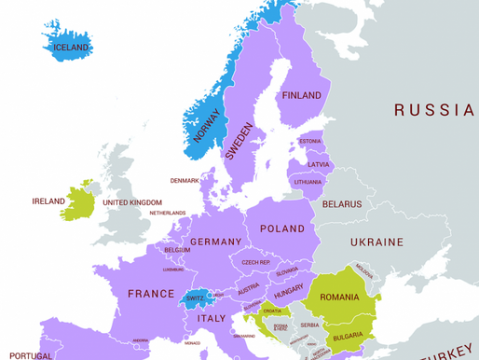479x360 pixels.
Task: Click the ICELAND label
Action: [x=72, y=47]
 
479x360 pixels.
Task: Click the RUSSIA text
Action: [x=433, y=110]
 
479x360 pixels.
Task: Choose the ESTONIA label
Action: [x=310, y=141]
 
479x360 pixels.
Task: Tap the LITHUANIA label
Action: [x=308, y=182]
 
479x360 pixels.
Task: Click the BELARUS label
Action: [x=341, y=203]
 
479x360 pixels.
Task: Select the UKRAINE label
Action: [x=376, y=242]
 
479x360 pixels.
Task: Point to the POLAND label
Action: [x=281, y=228]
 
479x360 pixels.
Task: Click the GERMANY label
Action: [x=215, y=242]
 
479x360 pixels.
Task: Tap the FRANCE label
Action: [x=151, y=293]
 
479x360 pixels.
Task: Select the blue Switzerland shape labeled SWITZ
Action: [x=194, y=298]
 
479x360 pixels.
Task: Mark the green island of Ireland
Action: [x=81, y=201]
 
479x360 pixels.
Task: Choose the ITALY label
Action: [x=211, y=319]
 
